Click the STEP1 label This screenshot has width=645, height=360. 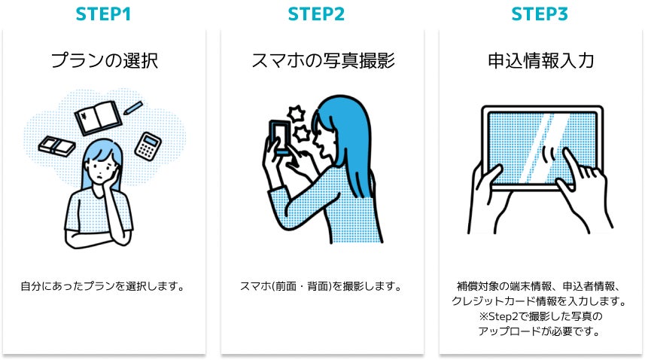(103, 14)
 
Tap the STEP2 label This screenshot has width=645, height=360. (316, 14)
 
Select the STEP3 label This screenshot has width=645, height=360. (540, 14)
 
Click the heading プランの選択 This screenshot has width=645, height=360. (105, 60)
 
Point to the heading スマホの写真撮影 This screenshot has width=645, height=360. (323, 60)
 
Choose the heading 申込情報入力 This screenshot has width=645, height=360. (541, 60)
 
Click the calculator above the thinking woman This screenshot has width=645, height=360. (148, 146)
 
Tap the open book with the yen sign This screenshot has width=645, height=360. (99, 117)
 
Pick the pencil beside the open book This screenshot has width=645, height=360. (133, 108)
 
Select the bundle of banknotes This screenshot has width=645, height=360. (56, 145)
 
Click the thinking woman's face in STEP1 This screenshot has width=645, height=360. (100, 169)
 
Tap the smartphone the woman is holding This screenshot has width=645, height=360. (280, 137)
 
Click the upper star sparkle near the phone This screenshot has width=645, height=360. (296, 114)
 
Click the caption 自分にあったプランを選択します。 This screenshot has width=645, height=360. (103, 286)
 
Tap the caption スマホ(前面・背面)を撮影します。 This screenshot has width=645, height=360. (321, 286)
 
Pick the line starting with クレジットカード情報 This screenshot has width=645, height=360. (540, 301)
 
